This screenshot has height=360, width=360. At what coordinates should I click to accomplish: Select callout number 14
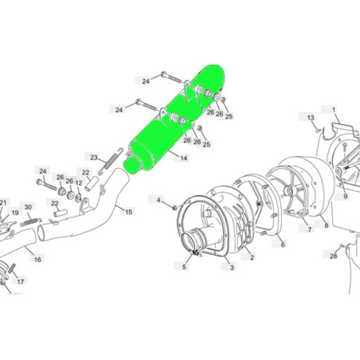point(184,158)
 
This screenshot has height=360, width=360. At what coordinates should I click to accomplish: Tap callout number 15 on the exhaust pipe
point(129,212)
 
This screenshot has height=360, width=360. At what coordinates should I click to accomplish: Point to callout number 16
point(37,260)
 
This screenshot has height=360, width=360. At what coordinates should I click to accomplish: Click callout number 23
point(94,158)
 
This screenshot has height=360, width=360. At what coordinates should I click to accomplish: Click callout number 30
point(28,207)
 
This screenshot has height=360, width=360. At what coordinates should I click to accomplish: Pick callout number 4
point(158,200)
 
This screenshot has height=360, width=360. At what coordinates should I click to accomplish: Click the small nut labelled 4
point(174,207)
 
